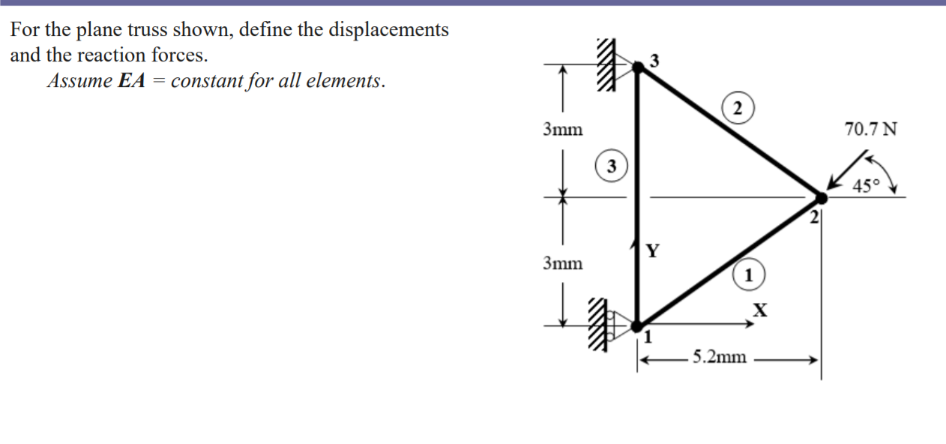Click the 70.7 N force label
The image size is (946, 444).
(870, 129)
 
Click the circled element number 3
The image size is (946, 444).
(611, 166)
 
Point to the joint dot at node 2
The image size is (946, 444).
(821, 198)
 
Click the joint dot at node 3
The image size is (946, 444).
(638, 67)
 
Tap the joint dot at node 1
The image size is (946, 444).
(637, 326)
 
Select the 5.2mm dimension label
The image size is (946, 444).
(719, 357)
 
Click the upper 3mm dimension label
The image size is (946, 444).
(562, 130)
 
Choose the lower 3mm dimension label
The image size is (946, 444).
(562, 263)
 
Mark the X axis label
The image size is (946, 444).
(760, 308)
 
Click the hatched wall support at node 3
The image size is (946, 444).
(605, 66)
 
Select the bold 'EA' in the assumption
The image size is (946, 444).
(131, 81)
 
